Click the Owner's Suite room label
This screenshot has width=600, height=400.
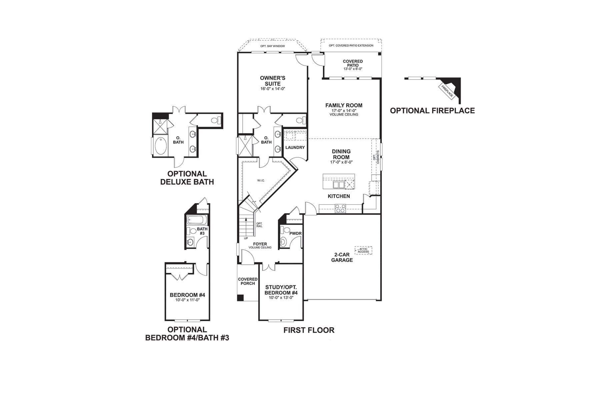pyautogui.click(x=273, y=81)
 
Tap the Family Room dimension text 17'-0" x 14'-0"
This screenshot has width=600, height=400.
pyautogui.click(x=344, y=110)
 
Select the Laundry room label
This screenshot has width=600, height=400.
pyautogui.click(x=295, y=147)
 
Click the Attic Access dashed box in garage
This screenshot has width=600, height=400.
pyautogui.click(x=363, y=250)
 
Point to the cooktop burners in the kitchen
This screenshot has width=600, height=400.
pyautogui.click(x=340, y=209)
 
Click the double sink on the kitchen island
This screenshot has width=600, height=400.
pyautogui.click(x=339, y=185)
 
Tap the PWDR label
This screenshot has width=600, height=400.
pyautogui.click(x=295, y=234)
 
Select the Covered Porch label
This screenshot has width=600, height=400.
pyautogui.click(x=248, y=281)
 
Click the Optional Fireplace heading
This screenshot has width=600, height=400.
pyautogui.click(x=432, y=111)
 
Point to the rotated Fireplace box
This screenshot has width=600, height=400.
pyautogui.click(x=447, y=91)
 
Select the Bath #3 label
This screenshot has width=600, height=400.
pyautogui.click(x=202, y=231)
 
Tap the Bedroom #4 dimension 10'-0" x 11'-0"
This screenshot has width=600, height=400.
pyautogui.click(x=187, y=300)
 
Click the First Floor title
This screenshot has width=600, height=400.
pyautogui.click(x=309, y=330)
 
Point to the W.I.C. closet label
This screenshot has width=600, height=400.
pyautogui.click(x=261, y=181)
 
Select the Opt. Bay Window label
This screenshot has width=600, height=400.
pyautogui.click(x=273, y=46)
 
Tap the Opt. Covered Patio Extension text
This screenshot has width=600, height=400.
pyautogui.click(x=351, y=46)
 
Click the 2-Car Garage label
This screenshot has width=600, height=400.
pyautogui.click(x=342, y=257)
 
